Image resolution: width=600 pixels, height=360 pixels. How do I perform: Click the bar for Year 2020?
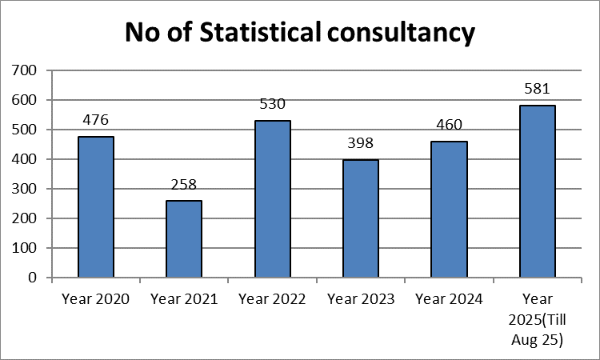[x=95, y=207]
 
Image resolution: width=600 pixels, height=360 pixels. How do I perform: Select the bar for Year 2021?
[x=184, y=239]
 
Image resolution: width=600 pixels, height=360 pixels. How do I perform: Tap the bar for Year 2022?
[x=272, y=199]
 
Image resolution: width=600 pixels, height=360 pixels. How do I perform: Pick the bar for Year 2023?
[x=361, y=218]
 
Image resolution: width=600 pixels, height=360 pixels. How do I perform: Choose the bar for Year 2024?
[x=450, y=210]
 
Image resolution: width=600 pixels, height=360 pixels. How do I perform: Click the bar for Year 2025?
[x=538, y=192]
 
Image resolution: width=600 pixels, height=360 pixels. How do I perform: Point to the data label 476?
[x=95, y=121]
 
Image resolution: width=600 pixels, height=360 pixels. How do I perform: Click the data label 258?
[x=184, y=185]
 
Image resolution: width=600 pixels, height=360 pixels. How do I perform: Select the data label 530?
[x=272, y=105]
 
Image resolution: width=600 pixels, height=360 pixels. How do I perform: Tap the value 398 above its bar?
[x=361, y=144]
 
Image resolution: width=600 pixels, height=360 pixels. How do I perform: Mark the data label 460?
[x=450, y=126]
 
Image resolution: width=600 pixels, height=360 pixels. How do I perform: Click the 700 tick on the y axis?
[x=26, y=70]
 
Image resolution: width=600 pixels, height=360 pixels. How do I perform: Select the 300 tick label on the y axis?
[x=26, y=189]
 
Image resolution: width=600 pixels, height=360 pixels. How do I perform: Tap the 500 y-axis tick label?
[x=26, y=130]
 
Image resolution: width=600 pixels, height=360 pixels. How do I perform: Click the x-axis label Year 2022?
[x=272, y=299]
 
